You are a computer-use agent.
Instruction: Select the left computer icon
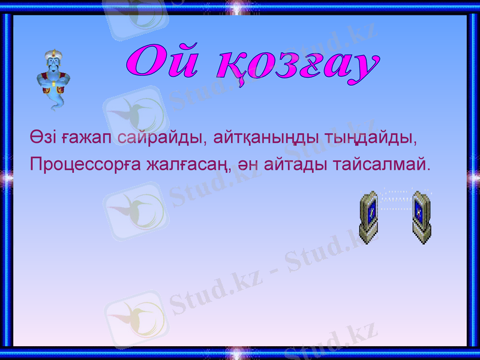coord(371,216)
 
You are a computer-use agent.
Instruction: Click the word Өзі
coord(43,138)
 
